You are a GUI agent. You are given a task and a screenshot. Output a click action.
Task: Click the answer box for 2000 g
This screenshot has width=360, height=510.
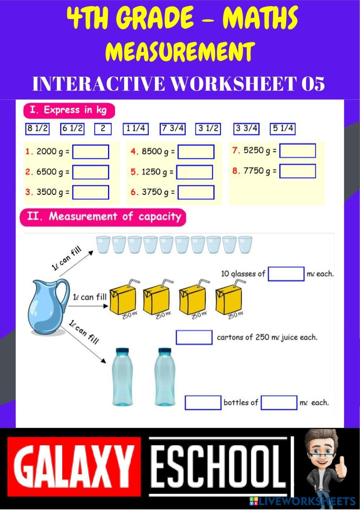point(91,152)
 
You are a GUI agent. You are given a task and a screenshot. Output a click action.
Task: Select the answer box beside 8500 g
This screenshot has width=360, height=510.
point(196,152)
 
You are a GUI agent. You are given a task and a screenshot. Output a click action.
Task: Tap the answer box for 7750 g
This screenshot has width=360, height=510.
point(297,171)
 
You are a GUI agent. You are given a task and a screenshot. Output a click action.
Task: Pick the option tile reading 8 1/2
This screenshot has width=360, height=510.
point(37,129)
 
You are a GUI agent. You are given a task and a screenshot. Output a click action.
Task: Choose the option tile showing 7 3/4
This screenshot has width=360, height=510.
point(172,129)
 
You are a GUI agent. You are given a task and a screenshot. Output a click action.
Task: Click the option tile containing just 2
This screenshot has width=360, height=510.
point(103,129)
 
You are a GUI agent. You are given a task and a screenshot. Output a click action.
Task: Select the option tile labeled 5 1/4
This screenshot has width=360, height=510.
point(283,129)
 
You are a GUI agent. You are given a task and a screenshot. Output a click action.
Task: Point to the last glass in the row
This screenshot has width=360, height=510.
point(245,245)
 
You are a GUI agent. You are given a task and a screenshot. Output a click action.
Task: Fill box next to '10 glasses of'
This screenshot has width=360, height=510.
point(286,274)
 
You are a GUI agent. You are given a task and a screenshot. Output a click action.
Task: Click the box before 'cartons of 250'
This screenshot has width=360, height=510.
point(194,337)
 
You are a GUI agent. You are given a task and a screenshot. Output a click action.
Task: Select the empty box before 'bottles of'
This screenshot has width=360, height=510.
point(203,403)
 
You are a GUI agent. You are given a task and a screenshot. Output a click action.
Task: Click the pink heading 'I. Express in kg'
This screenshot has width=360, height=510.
point(68,110)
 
